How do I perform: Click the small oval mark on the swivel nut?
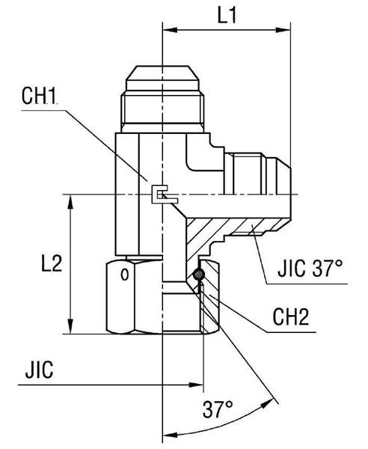tap(125, 277)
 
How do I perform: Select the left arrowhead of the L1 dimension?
tap(168, 31)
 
